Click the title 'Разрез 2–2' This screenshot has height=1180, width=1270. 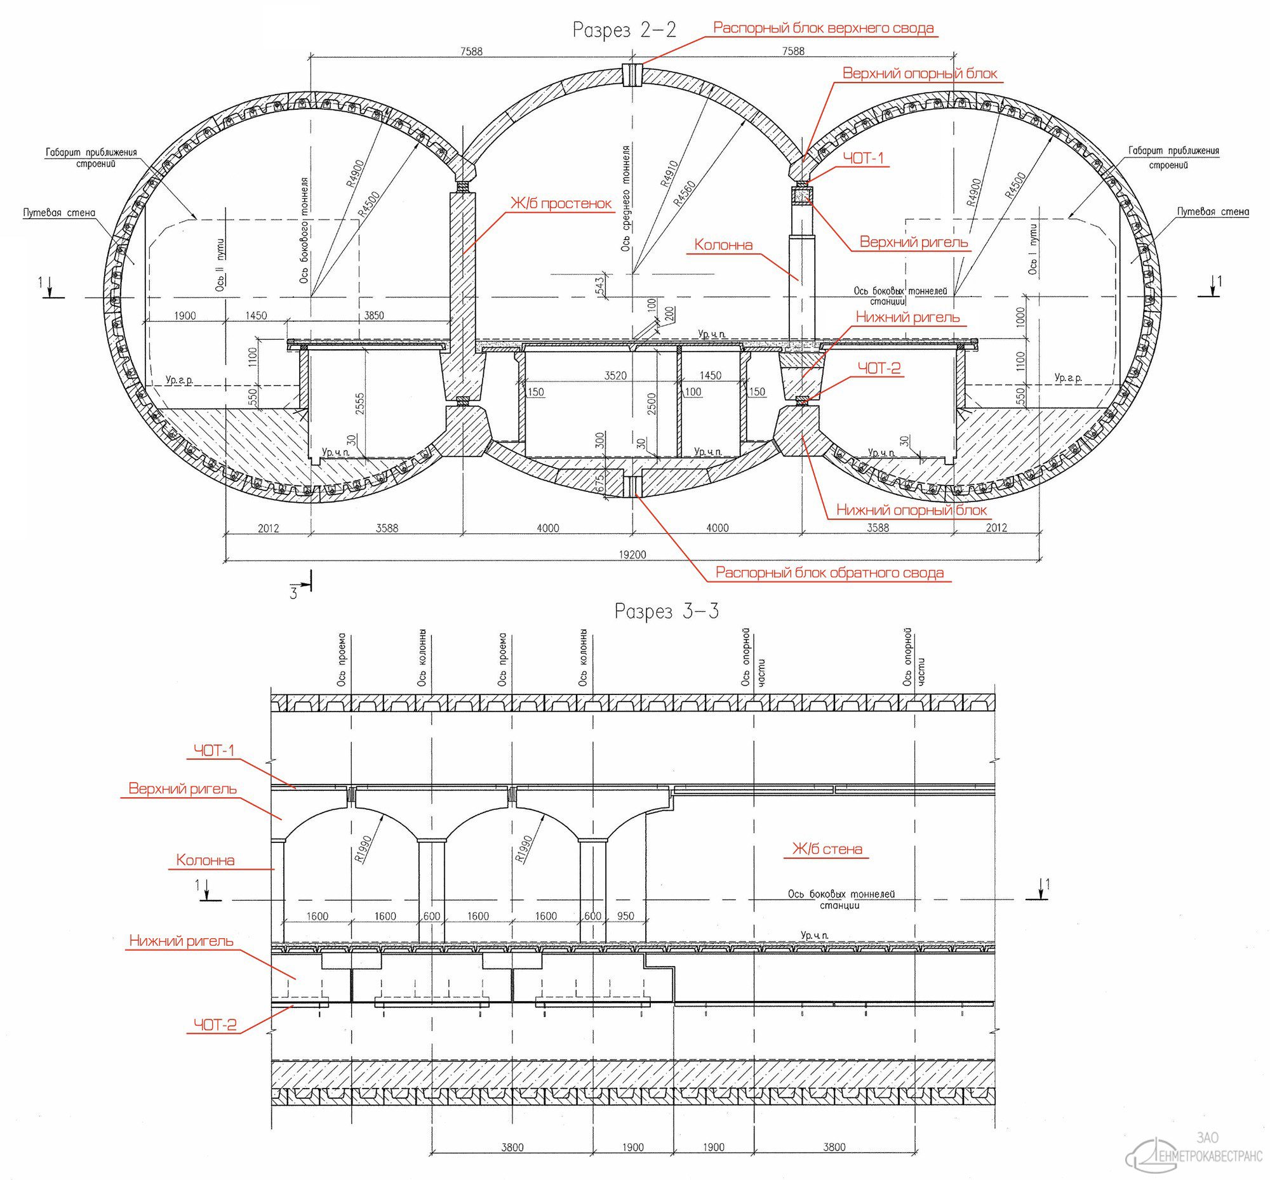624,30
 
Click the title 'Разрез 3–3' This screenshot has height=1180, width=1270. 666,611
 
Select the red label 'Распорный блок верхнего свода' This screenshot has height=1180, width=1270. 824,28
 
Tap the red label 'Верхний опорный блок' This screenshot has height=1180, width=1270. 919,74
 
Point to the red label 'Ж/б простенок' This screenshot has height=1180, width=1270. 561,204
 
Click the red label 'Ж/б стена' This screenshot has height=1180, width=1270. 827,849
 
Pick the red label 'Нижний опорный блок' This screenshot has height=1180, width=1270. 912,510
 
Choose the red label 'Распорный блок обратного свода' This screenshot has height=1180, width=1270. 829,572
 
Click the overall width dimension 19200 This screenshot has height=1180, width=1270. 632,554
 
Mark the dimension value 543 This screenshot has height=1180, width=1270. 599,286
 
